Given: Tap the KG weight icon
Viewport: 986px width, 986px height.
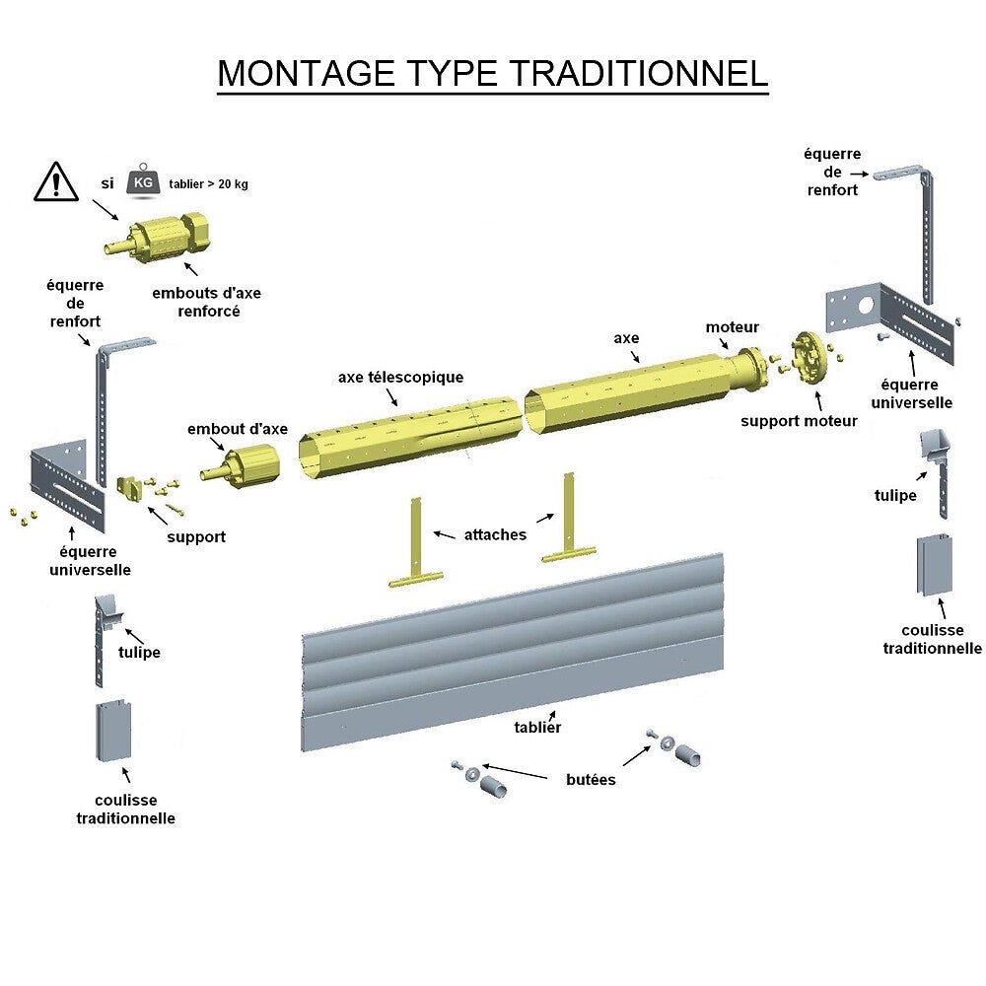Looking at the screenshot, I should (143, 182).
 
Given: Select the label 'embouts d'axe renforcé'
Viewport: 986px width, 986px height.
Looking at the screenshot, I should (207, 302).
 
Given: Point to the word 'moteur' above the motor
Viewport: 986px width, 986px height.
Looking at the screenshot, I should (733, 327).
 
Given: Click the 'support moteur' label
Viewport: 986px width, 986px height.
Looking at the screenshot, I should (800, 421).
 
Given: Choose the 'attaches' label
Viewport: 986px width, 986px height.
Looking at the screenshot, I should (495, 534).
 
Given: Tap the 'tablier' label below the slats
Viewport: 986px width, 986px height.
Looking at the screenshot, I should (537, 727).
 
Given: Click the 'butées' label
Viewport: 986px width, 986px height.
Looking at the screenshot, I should (591, 780).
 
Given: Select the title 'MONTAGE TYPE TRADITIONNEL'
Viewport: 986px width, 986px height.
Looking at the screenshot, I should (492, 74).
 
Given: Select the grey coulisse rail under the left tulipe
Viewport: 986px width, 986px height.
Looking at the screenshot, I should (113, 731).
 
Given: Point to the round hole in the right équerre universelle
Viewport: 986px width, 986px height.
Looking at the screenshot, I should (867, 305).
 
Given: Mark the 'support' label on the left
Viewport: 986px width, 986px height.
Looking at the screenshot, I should (196, 537).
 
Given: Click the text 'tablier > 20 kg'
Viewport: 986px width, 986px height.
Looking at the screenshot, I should (208, 184).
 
